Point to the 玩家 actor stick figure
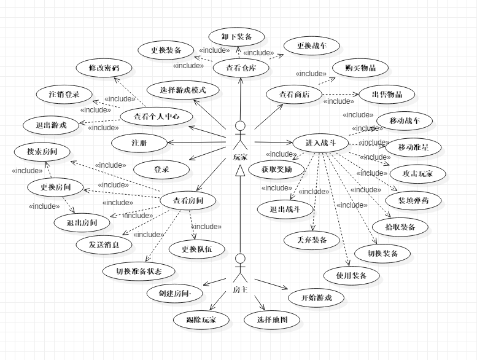click(x=240, y=136)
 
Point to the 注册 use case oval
click(x=140, y=143)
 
